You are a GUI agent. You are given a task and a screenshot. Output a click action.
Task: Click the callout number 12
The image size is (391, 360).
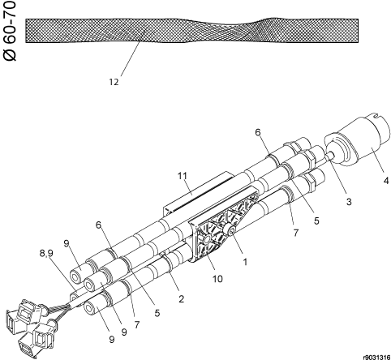pos(114,82)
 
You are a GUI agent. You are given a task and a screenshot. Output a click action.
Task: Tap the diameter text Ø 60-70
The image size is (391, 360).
pos(10,31)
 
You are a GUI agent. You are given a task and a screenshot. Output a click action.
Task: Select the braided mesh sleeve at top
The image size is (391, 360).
pos(192,30)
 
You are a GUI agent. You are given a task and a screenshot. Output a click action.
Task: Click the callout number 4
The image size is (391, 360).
pos(386,180)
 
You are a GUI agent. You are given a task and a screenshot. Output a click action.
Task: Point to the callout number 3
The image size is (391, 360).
pos(349,201)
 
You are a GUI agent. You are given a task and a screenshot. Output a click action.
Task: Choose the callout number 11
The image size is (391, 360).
pos(183,176)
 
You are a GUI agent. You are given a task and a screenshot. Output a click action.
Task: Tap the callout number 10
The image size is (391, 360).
pos(217,278)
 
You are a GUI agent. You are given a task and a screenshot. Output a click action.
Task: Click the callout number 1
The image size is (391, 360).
pos(245,262)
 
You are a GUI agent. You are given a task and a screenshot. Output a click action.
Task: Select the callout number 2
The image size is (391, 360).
pos(181,298)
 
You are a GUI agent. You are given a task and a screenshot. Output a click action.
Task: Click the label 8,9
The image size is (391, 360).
pos(46,253)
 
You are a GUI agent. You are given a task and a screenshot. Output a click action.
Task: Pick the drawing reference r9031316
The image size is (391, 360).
pos(376,358)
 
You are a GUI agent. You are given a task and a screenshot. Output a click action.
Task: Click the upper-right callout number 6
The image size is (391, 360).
pos(258,132)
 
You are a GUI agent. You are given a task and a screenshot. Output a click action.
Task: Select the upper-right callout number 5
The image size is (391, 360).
pos(316,221)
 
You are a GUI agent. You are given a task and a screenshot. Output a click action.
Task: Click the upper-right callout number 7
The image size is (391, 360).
pos(296,232)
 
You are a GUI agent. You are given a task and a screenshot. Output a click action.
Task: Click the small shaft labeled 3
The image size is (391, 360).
pos(330,156)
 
